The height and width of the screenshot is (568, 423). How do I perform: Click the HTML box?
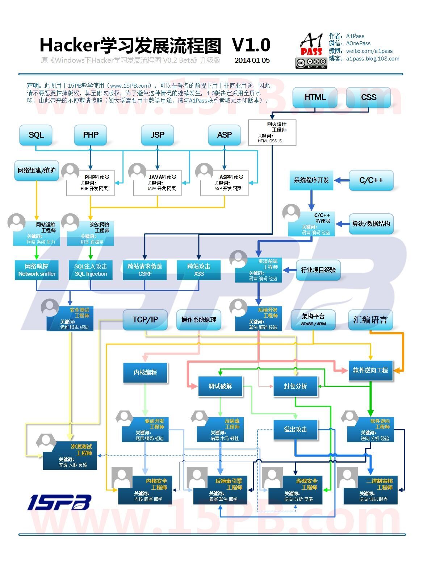coord(315,97)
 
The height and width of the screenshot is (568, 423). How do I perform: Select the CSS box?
coord(368,97)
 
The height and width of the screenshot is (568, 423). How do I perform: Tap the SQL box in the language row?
coord(36,135)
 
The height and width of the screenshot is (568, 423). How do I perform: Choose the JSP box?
coord(157,135)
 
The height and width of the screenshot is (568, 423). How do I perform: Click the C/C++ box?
coord(371,180)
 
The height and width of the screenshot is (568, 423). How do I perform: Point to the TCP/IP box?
coord(145,319)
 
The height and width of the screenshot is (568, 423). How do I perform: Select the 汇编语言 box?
coord(370,319)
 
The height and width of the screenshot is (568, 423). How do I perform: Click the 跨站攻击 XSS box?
coord(198,270)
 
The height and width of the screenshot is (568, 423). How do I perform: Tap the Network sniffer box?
coord(37,270)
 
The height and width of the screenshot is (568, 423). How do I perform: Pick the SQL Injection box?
coord(91,270)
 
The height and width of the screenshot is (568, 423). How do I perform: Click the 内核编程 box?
coord(145,372)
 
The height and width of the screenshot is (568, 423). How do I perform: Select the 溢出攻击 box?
coord(296,429)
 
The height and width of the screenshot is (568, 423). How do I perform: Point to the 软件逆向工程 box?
coord(370,370)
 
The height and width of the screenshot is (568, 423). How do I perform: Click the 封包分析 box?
coord(296,386)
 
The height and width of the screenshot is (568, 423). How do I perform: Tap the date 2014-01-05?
coord(252,60)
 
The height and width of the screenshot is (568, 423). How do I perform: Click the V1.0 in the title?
coord(251,45)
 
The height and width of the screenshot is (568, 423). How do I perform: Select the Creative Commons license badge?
coord(311,63)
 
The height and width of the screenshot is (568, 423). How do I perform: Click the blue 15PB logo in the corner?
coord(59,502)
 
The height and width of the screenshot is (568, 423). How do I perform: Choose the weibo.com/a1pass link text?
coord(369,51)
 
